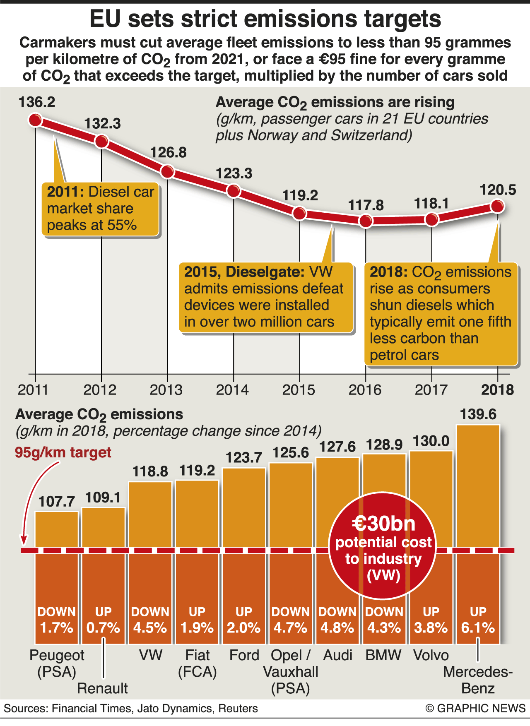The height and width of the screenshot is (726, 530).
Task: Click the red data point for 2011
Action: [35, 120]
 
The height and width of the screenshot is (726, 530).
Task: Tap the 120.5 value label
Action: [498, 190]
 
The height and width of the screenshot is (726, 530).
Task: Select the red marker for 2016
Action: [366, 221]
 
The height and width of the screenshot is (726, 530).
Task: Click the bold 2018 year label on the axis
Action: [497, 390]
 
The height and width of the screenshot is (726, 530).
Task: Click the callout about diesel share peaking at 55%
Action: [100, 209]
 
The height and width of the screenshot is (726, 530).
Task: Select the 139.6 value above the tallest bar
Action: [478, 414]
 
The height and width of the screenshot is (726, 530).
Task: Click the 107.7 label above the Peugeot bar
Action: [57, 502]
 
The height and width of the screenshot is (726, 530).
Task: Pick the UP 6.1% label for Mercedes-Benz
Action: [478, 620]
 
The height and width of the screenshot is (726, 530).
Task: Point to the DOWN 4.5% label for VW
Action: [150, 620]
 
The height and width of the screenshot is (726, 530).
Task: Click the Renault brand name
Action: [102, 688]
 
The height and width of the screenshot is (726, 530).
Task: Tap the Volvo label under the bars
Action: [431, 655]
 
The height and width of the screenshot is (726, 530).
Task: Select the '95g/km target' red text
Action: [63, 452]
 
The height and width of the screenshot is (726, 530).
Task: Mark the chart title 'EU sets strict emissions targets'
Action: [265, 19]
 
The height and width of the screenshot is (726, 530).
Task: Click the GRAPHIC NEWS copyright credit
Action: [475, 708]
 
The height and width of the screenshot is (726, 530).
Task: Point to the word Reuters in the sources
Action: [238, 709]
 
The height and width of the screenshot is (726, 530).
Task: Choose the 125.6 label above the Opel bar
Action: [291, 453]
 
